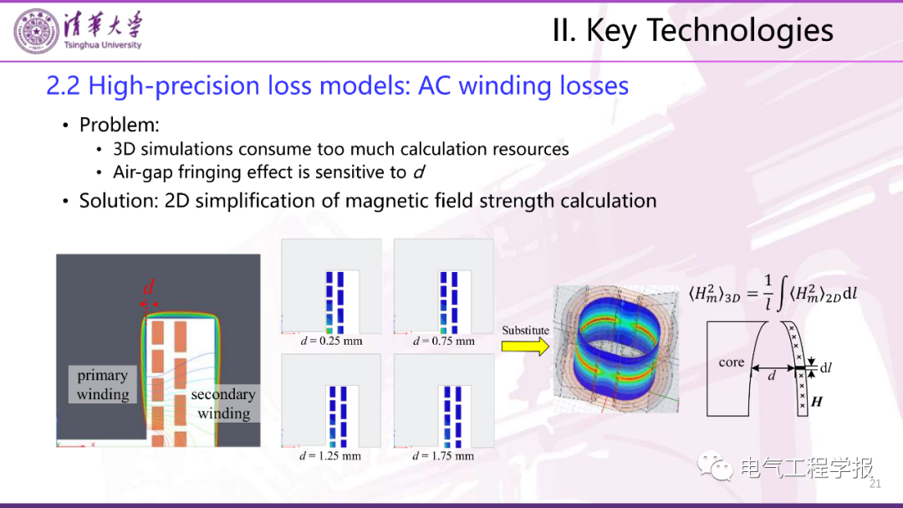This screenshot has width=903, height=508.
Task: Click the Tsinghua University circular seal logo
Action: coord(36,32)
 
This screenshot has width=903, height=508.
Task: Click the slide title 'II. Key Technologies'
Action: coord(693,31)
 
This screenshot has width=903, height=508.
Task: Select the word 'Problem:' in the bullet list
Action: coord(120,125)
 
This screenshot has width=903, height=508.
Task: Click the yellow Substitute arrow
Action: coord(524,346)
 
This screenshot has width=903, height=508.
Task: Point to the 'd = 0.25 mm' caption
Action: coord(332,341)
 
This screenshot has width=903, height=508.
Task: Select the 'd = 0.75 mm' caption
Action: coord(444,341)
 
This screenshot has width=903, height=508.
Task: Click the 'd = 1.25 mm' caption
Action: coord(330,455)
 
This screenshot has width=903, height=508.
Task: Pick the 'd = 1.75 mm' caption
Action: coord(443,455)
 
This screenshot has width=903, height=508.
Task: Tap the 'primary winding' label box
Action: coord(103,384)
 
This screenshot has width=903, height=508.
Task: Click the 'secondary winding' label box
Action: coord(223,403)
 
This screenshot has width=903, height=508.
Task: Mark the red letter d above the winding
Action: coord(149,287)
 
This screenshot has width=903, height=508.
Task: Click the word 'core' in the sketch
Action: coord(732,362)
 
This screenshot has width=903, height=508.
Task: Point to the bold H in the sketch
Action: coord(817,402)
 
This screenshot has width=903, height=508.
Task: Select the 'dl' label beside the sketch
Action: coord(826,368)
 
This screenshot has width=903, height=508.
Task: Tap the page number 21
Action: coord(875,484)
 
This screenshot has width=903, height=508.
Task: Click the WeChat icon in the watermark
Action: coord(715,466)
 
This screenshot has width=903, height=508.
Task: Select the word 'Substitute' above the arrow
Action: coord(525,331)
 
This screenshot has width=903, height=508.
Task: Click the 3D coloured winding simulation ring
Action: coord(615,348)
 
